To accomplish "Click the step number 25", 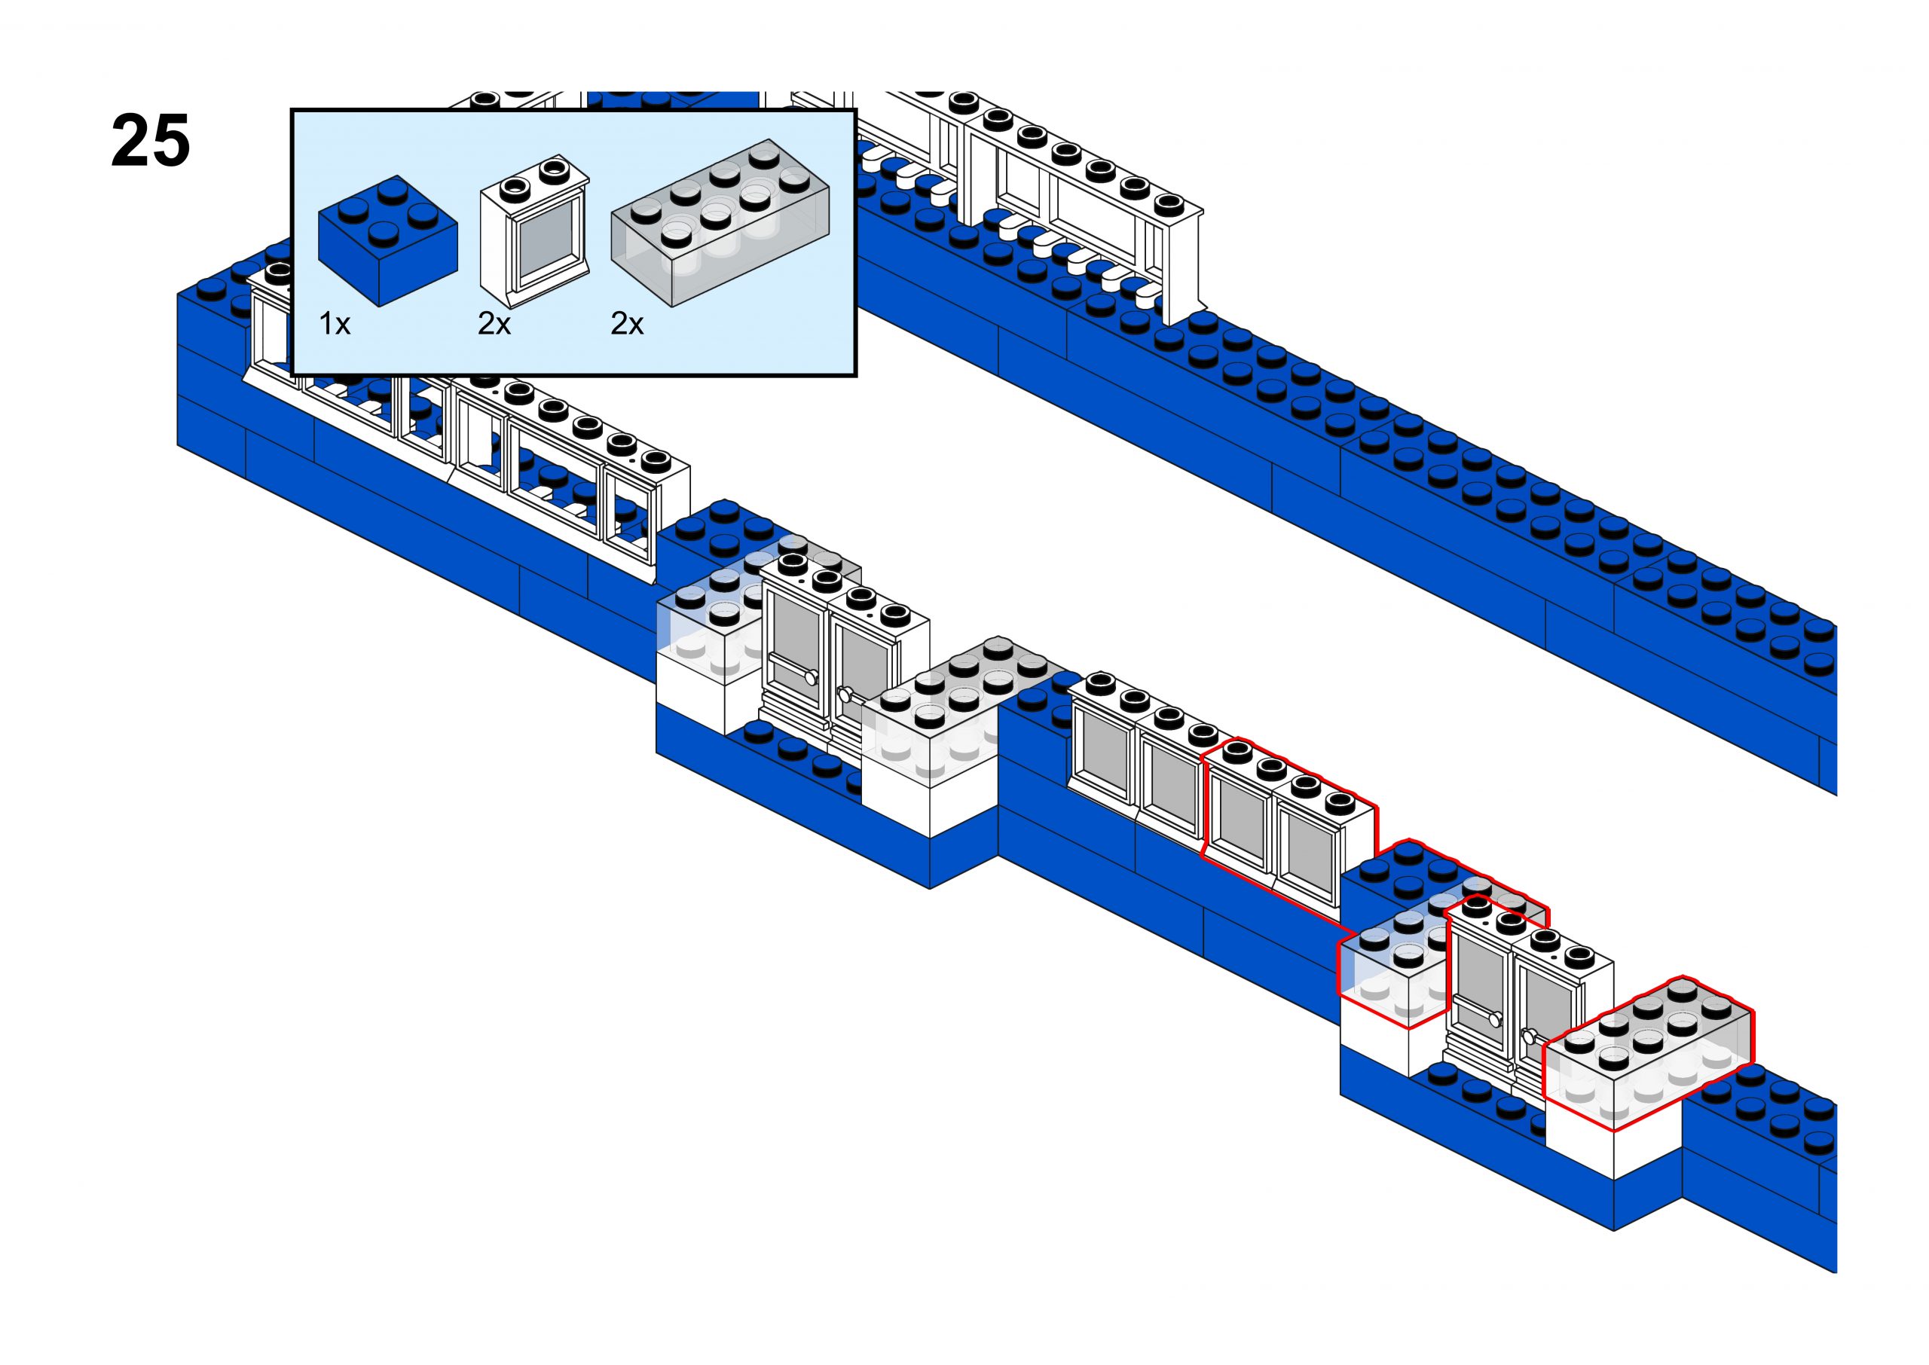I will coord(151,141).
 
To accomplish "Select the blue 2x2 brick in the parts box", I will coord(387,240).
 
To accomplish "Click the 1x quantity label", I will coord(335,324).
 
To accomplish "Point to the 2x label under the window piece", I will coord(494,324).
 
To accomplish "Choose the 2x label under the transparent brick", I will coord(627,324).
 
